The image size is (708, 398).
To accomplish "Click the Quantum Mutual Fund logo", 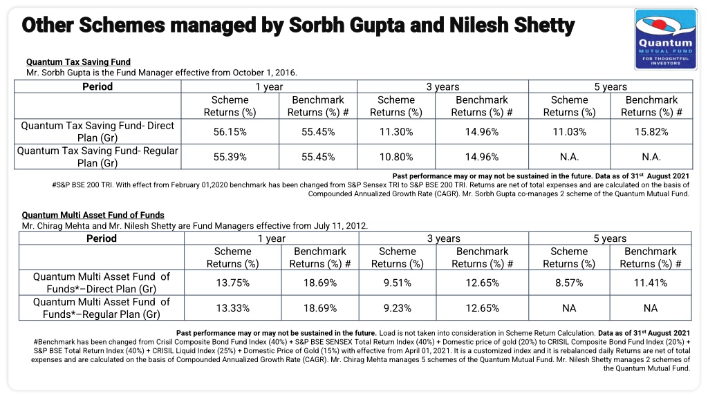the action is (x=666, y=39).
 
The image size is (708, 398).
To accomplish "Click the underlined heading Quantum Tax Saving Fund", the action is (x=78, y=61).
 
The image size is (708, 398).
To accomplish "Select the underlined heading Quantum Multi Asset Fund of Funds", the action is (x=93, y=215).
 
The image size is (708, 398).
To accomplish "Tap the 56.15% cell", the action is (x=230, y=132).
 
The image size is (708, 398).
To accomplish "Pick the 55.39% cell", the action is (x=230, y=157).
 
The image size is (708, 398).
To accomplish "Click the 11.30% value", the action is (x=396, y=132).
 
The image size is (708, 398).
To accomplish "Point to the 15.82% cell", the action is (x=651, y=132).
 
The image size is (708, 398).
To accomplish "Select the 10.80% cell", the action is (x=396, y=157).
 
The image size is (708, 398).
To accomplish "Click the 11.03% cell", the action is (x=570, y=132).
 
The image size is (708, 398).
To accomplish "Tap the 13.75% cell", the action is (x=232, y=283).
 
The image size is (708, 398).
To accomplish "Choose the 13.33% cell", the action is (x=232, y=308).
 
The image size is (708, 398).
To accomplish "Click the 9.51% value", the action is (x=398, y=283).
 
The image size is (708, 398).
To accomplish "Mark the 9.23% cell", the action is (x=398, y=308).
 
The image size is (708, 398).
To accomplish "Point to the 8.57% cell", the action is (x=569, y=283).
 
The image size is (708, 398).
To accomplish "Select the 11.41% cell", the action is (x=650, y=283).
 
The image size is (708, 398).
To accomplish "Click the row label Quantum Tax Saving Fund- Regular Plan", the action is (x=97, y=157).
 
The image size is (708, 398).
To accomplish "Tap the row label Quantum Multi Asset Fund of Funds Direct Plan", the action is (x=102, y=283).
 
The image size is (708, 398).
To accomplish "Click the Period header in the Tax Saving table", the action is (x=97, y=86).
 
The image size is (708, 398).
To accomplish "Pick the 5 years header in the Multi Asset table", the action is (x=610, y=238).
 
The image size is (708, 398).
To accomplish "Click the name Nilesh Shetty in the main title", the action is (x=512, y=26).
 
